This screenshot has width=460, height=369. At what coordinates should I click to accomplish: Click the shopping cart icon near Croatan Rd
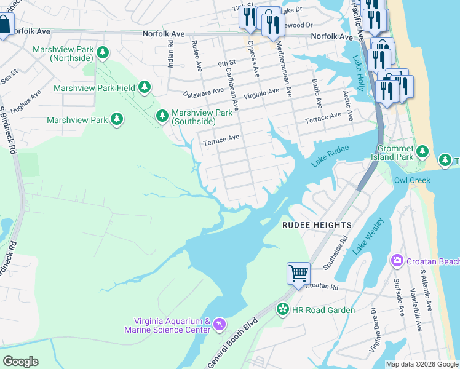[x=298, y=272]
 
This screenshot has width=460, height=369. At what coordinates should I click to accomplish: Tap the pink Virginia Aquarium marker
[x=220, y=324]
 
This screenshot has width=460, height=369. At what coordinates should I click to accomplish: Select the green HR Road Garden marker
[x=282, y=309]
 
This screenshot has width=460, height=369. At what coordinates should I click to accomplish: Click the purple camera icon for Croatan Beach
[x=397, y=261]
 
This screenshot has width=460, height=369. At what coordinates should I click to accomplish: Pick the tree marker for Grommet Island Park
[x=422, y=151]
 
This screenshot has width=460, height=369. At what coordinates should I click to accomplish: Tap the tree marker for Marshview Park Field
[x=145, y=87]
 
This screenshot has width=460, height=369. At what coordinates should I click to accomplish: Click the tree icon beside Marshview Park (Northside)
[x=103, y=53]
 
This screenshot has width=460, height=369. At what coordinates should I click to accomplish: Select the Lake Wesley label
[x=368, y=236]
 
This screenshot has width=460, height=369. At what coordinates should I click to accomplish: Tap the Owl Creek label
[x=412, y=180]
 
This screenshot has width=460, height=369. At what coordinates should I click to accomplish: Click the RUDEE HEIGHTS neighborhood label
[x=317, y=225]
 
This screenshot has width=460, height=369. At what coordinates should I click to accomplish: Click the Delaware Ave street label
[x=204, y=93]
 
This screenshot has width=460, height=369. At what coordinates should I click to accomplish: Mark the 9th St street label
[x=226, y=63]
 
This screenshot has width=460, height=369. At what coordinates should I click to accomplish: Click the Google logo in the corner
[x=20, y=361]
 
